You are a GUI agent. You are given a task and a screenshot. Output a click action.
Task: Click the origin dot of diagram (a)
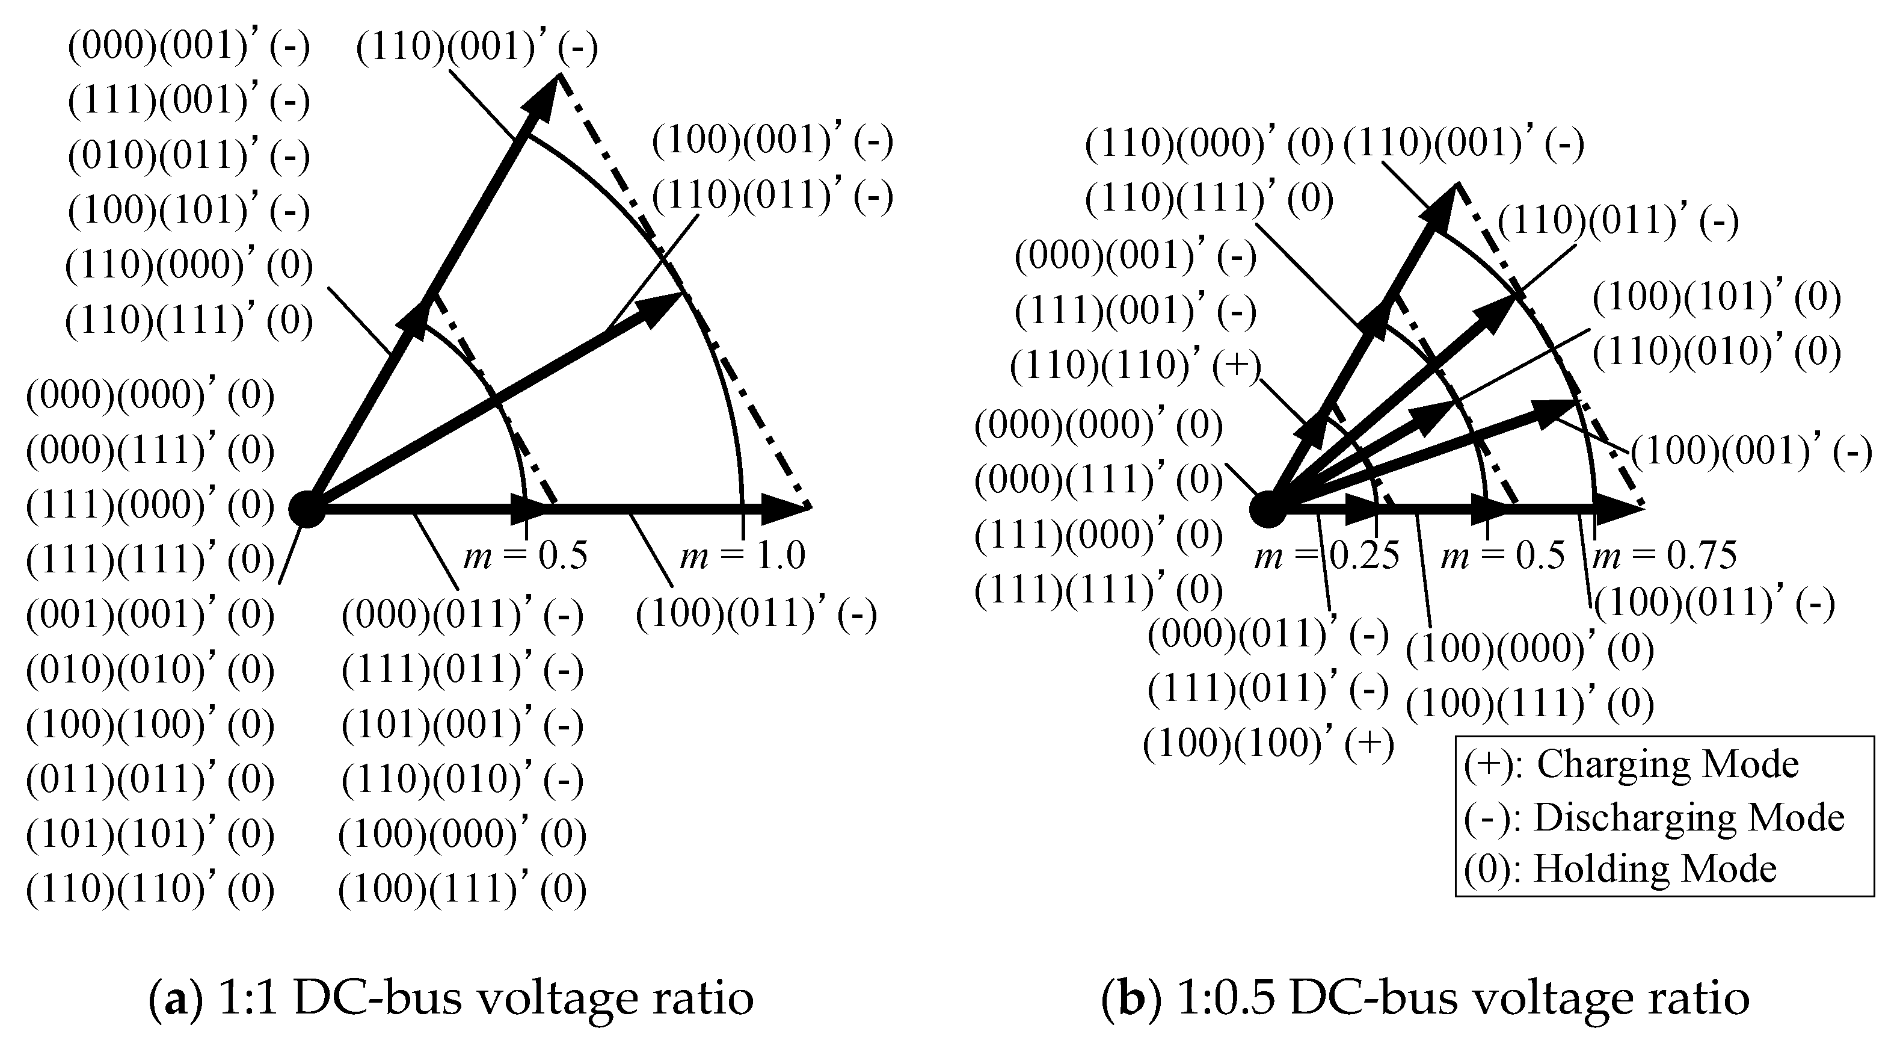(307, 509)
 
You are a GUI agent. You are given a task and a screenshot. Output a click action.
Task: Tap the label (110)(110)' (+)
(1136, 367)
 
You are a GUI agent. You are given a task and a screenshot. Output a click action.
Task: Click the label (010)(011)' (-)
(189, 156)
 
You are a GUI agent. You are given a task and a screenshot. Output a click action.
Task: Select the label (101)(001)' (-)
(463, 725)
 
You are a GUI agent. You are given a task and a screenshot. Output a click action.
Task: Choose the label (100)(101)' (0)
(1716, 298)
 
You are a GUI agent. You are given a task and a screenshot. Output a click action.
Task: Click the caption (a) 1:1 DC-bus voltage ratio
(451, 998)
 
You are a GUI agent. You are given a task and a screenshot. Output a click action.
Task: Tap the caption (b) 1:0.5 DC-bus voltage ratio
(1425, 998)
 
